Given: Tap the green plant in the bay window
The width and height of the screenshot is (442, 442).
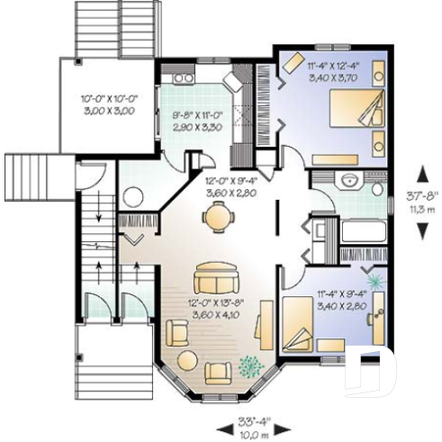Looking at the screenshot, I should pos(249,366).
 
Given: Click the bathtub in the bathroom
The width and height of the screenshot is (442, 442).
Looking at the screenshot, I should pos(362,231).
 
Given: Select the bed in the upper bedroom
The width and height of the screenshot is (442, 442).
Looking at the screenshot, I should pos(347,117).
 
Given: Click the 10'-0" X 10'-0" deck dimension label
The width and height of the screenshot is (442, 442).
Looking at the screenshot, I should pos(107,103).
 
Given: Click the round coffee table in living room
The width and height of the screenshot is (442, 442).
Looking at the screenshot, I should pos(187,360).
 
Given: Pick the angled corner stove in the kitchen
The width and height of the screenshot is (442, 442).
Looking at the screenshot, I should pos(231,81).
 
